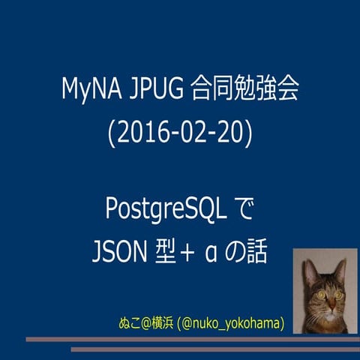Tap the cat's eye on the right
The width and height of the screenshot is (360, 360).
coord(337,295)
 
